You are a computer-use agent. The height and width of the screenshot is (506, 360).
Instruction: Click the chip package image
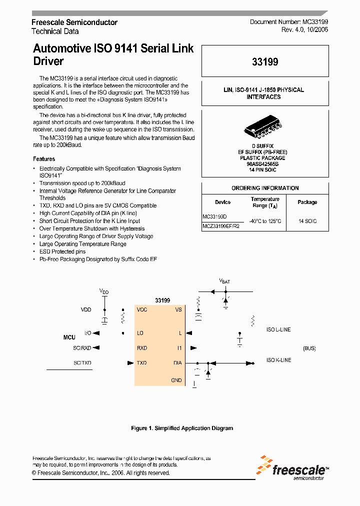click(265, 128)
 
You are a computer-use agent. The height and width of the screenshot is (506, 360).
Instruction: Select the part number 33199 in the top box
click(265, 62)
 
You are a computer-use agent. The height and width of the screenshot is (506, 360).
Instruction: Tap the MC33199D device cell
click(214, 217)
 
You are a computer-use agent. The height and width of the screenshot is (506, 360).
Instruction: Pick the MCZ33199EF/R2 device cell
click(221, 226)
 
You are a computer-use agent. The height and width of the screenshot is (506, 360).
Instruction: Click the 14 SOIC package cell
click(307, 221)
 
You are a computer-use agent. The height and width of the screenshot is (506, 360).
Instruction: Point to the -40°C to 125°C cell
click(265, 221)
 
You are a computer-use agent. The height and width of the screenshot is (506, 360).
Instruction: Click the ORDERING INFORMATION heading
click(265, 188)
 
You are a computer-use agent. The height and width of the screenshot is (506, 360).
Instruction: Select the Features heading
click(44, 159)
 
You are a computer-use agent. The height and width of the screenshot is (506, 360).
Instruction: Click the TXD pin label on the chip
click(142, 363)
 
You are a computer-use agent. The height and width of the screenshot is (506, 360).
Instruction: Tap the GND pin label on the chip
click(176, 380)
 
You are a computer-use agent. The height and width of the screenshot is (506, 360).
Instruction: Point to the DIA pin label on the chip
click(177, 363)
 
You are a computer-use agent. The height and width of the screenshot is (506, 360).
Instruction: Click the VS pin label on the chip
click(178, 309)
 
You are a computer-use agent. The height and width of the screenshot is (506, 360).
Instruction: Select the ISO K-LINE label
click(278, 360)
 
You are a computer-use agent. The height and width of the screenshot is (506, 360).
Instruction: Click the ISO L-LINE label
click(278, 329)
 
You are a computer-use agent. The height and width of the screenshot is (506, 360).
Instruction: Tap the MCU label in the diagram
click(69, 337)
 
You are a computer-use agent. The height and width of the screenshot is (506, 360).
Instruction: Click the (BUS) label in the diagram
click(309, 348)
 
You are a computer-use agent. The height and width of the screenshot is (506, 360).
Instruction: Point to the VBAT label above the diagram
click(224, 281)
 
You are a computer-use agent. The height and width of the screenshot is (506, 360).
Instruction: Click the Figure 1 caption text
click(182, 428)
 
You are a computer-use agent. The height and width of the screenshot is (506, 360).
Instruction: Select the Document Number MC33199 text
click(289, 22)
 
